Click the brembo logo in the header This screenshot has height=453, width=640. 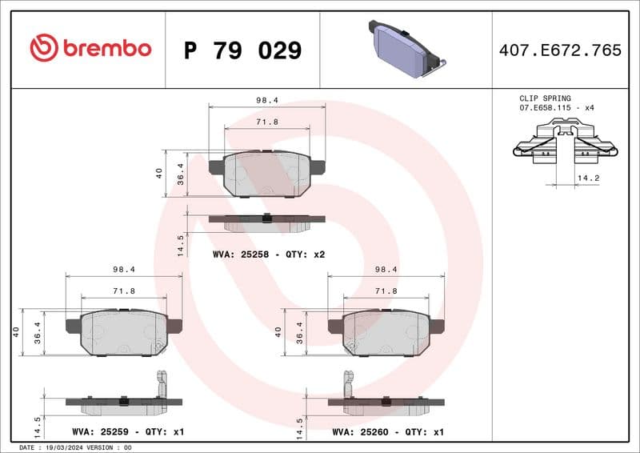90,49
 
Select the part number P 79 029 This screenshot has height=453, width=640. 242,50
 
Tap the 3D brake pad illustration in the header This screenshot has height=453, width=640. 405,49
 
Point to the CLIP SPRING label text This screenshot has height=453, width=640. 545,98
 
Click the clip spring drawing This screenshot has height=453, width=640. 566,142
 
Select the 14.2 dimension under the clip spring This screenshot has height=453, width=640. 588,178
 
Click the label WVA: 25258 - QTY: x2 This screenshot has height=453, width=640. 268,254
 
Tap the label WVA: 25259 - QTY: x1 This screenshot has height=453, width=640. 128,432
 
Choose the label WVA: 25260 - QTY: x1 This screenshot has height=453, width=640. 388,432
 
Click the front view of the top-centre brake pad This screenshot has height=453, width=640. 266,173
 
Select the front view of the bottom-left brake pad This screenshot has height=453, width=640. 123,332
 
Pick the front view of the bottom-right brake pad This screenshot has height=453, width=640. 386,332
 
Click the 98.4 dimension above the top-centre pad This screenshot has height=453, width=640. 266,101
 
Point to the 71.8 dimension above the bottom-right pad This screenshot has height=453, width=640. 386,291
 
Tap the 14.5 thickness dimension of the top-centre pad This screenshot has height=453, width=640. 182,244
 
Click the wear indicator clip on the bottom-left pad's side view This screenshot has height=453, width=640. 162,383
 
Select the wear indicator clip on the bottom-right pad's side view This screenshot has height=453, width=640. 349,383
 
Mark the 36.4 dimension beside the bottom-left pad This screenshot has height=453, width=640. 38,333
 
